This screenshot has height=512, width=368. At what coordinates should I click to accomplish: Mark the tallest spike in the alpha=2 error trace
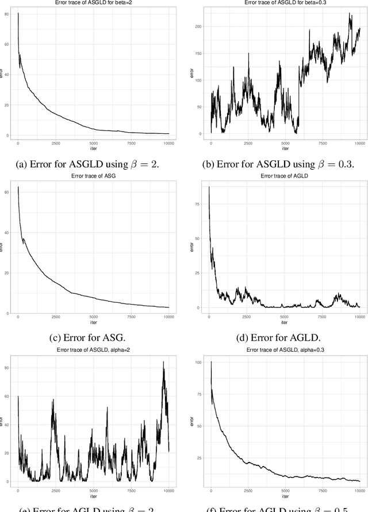click(x=163, y=362)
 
